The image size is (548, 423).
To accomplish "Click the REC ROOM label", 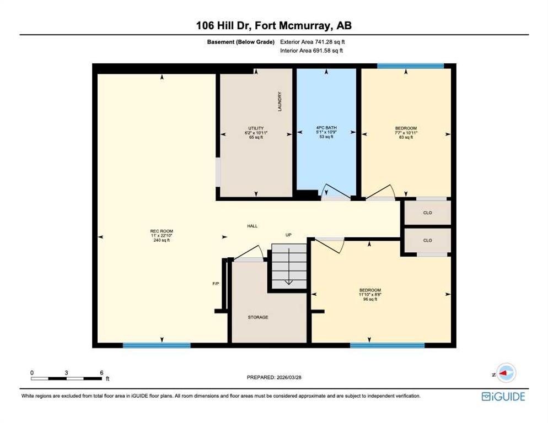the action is point(162,231).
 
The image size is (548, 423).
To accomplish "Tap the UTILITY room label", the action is point(256,128).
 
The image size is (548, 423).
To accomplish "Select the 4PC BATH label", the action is point(326,128).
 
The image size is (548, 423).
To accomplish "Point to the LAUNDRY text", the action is point(280,102).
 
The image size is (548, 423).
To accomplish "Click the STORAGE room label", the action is point(258,317).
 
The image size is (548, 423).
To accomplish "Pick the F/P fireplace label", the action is point(216,284).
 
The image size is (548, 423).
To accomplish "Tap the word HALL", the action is point(252,226).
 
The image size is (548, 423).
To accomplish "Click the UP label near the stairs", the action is point(288,235).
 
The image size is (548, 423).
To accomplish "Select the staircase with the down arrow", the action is point(289,266).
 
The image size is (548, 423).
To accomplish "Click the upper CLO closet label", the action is point(427,213).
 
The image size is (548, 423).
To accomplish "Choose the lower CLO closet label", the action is point(427,240).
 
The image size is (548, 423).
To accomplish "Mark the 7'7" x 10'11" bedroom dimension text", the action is point(406,133).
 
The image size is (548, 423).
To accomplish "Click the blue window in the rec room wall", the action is point(157,345).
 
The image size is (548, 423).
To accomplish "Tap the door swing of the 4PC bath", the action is point(336,192).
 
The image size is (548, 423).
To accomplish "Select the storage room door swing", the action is point(249,252).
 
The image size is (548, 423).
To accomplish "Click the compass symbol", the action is point(506,373).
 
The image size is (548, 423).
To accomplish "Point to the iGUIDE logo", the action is point(503,397).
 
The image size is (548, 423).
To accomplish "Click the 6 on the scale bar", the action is point(101,373).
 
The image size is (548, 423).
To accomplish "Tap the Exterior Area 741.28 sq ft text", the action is point(313,42).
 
